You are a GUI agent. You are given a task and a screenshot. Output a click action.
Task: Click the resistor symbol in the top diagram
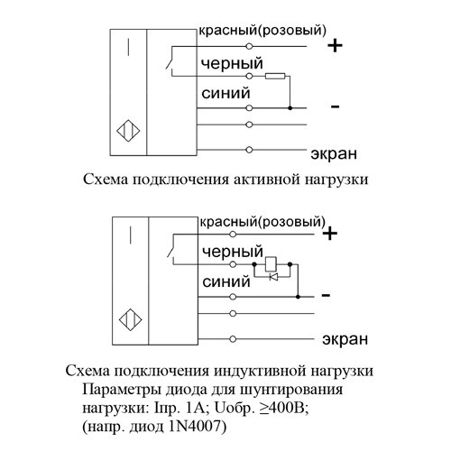[x=275, y=77]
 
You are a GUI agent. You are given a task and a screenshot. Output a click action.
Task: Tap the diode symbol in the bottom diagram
[x=273, y=277]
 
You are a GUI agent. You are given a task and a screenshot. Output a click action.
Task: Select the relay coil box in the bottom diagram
[x=271, y=264]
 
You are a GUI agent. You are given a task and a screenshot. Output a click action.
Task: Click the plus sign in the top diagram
[x=335, y=46]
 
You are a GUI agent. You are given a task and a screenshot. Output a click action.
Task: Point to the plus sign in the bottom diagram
[x=330, y=234]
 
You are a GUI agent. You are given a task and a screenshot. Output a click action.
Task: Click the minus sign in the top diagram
[x=335, y=106]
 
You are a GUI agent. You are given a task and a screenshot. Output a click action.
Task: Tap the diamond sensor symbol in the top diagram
[x=128, y=131]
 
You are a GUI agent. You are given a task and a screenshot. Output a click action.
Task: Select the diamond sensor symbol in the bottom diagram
[x=131, y=319]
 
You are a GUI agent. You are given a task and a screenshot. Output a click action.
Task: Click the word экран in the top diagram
[x=334, y=153]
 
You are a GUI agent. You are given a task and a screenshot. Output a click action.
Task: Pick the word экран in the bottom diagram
[x=345, y=339]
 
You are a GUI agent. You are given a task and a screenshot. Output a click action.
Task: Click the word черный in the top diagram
[x=232, y=64]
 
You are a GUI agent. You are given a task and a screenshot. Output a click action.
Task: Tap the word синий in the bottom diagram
[x=226, y=282]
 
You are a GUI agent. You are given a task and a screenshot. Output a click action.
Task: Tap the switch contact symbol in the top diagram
[x=170, y=63]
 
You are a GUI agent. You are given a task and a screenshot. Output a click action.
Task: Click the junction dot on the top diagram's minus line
[x=290, y=107]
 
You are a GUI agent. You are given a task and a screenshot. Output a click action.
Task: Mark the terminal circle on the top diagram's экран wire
[x=249, y=150]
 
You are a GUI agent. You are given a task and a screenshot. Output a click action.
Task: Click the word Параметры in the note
[x=123, y=391]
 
